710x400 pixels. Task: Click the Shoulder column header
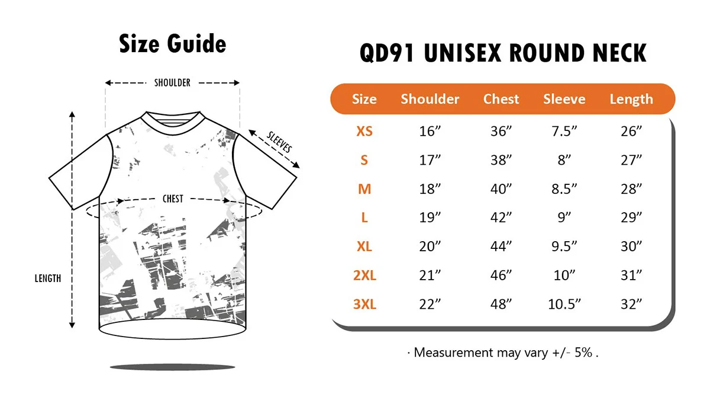430,99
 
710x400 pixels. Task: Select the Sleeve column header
564,99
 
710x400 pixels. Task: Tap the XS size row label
364,132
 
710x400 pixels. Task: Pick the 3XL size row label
364,304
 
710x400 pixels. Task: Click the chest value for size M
501,189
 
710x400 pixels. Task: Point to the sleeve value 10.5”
564,304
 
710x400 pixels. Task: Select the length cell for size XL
631,247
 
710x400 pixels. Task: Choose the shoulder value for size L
430,217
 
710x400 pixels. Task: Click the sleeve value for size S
564,161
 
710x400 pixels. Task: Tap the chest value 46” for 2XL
501,275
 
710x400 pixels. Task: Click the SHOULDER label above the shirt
172,83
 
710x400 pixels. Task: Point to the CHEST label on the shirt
173,199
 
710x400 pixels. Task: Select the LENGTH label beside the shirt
48,279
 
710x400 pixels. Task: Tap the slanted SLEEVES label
279,142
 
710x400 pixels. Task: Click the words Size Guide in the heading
172,43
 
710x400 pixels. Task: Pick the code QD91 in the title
387,53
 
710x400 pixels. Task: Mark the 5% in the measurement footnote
583,353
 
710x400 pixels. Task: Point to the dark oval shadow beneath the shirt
172,367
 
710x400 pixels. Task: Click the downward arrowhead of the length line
72,325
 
